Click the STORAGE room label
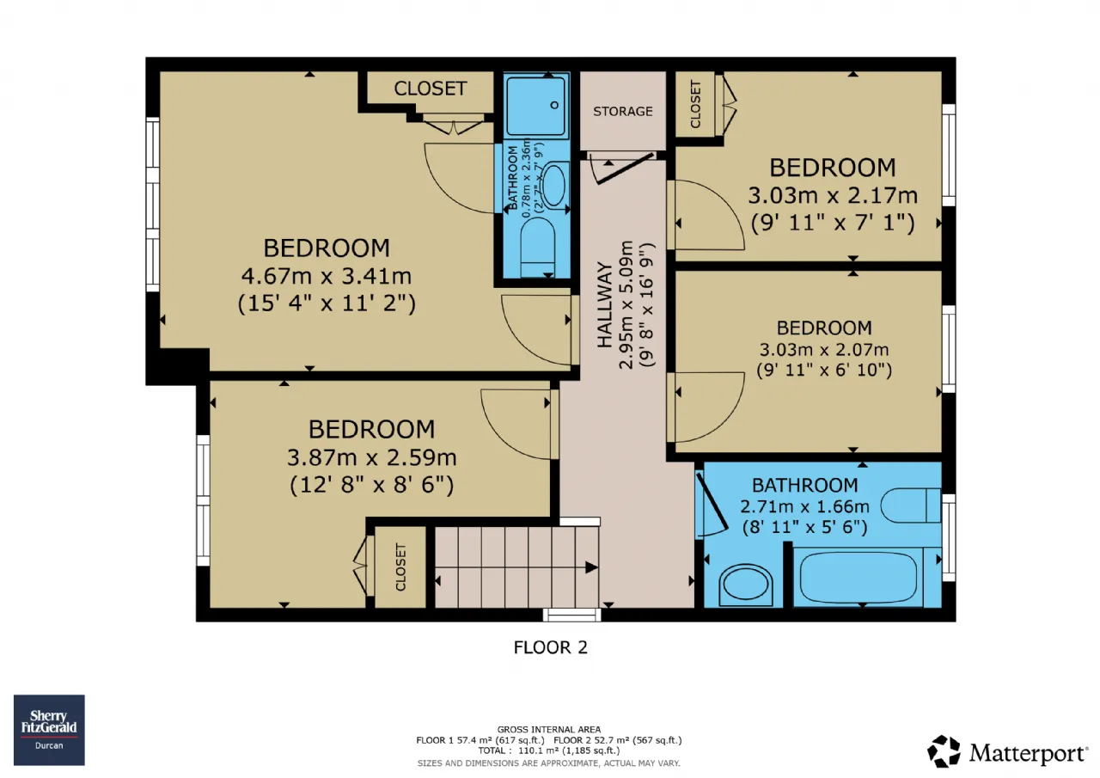pos(623,112)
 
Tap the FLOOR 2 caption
pos(550,647)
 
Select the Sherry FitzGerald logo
pos(49,730)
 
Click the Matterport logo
pos(1007,752)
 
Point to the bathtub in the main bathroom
pos(859,578)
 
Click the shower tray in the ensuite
pos(536,106)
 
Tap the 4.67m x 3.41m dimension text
pos(326,276)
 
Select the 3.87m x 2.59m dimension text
pos(372,457)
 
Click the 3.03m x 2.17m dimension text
pos(833,195)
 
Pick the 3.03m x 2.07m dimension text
pos(824,350)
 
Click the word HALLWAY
pos(605,304)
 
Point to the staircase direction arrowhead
pos(591,567)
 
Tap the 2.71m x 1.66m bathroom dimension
pos(804,506)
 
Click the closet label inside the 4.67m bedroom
pos(431,89)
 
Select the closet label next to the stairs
pos(400,567)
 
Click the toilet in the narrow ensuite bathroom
pos(538,247)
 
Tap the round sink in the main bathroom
pos(745,585)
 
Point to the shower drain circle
pos(554,105)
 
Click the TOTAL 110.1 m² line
pos(549,750)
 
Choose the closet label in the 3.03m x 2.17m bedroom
pos(695,105)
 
